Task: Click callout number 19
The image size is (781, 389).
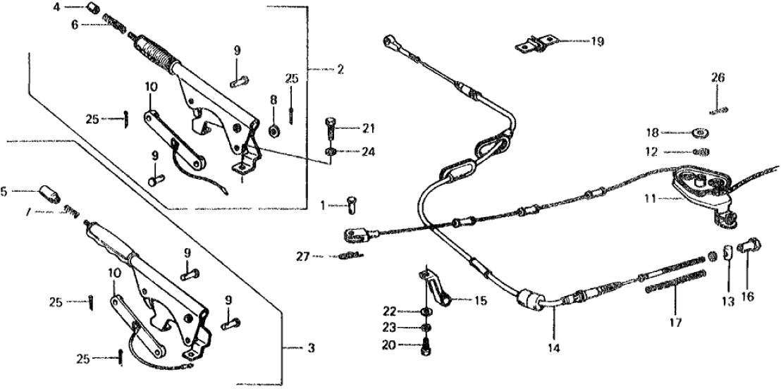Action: point(597,42)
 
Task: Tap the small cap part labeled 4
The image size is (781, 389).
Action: point(91,8)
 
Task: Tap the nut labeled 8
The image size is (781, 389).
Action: point(274,130)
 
